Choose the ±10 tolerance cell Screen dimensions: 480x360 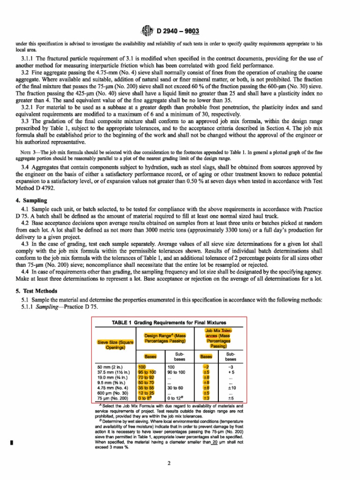(231, 388)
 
